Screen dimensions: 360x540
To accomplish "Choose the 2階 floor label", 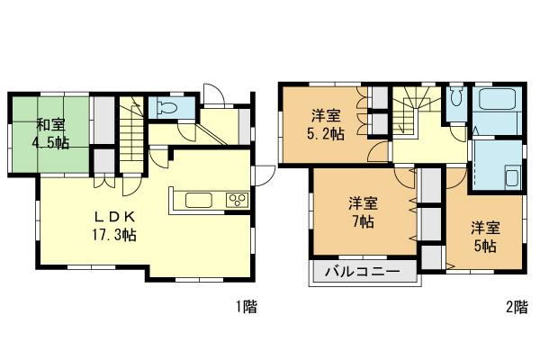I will [516, 308].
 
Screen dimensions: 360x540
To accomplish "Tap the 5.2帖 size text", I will [324, 134].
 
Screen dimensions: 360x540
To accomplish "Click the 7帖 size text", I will [363, 221].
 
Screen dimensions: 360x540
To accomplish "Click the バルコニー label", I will [364, 271].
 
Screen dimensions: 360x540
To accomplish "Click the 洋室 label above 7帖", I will [363, 202].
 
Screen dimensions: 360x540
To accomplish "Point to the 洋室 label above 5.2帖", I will [324, 115].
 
